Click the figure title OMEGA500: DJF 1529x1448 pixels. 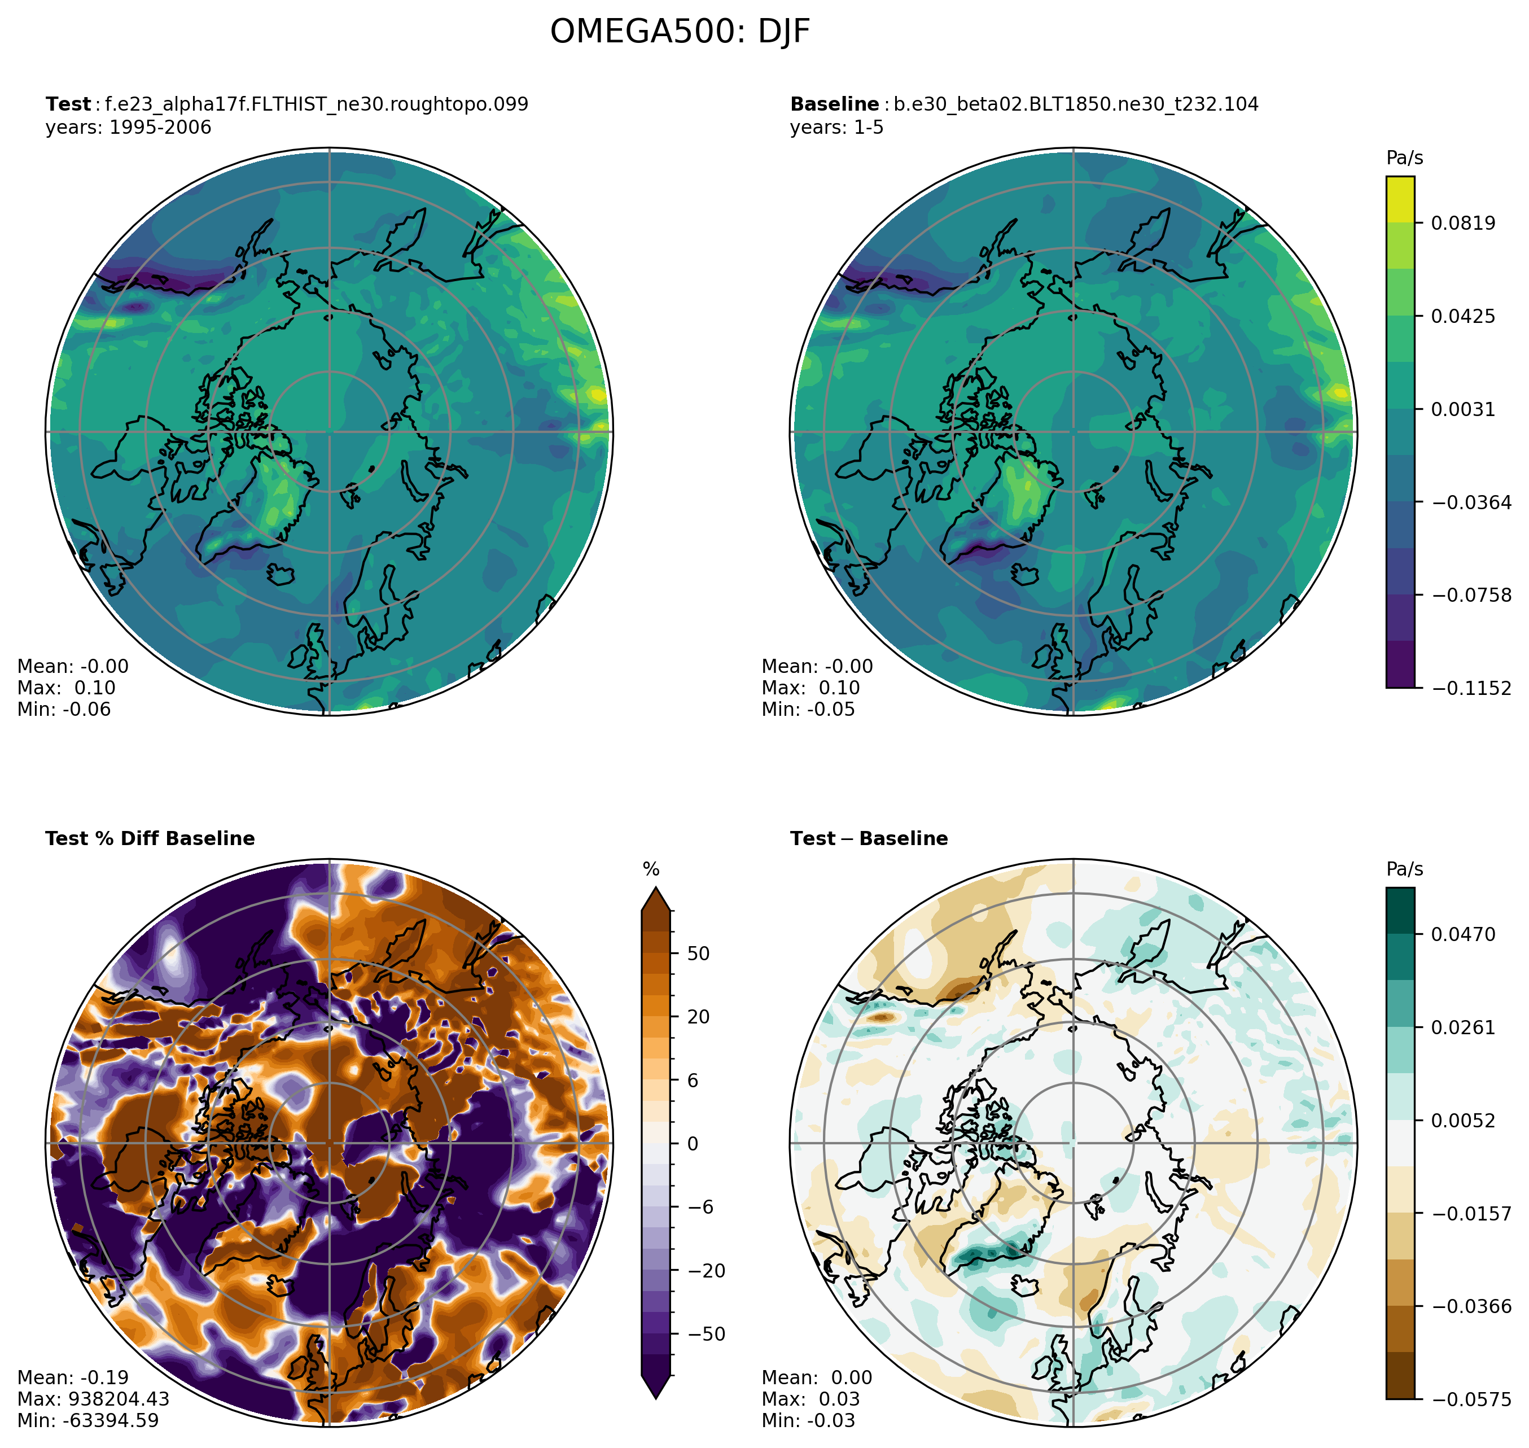pyautogui.click(x=680, y=32)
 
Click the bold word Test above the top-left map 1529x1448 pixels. pyautogui.click(x=68, y=104)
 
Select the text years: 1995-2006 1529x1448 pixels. pyautogui.click(x=128, y=128)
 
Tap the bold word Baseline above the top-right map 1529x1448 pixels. pyautogui.click(x=834, y=104)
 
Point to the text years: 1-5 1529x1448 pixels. pyautogui.click(x=836, y=128)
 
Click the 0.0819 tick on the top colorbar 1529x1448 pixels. pyautogui.click(x=1462, y=223)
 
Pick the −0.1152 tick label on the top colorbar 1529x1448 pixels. pyautogui.click(x=1471, y=688)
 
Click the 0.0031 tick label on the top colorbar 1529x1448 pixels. pyautogui.click(x=1462, y=409)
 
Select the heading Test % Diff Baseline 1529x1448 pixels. pyautogui.click(x=150, y=838)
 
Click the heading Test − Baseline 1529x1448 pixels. pyautogui.click(x=869, y=838)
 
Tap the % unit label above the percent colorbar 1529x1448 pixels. pyautogui.click(x=651, y=870)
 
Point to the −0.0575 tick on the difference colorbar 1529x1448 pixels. pyautogui.click(x=1471, y=1399)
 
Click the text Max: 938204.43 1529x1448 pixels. pyautogui.click(x=93, y=1399)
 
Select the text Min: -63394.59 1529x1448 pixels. pyautogui.click(x=88, y=1420)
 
